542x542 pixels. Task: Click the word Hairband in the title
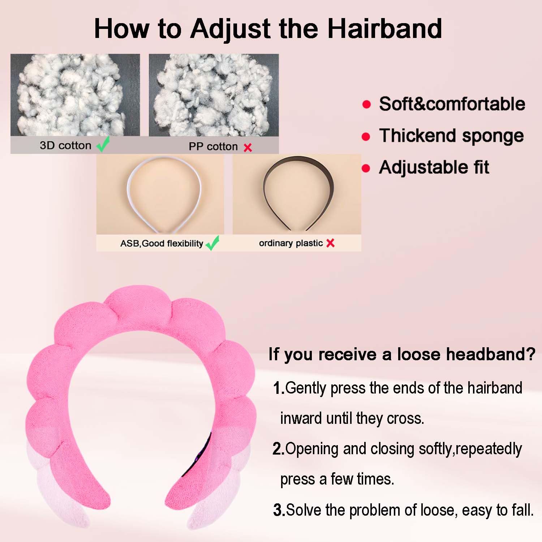384,29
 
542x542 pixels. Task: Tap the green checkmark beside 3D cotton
103,144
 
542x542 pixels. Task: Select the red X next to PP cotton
248,147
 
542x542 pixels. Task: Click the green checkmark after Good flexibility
212,243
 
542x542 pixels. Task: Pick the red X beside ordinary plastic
330,243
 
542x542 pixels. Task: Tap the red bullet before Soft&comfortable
366,104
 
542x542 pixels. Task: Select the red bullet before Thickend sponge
366,137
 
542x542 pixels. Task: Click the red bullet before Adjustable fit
366,168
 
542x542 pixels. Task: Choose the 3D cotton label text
65,145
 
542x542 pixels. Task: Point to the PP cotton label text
213,146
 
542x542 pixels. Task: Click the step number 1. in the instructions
279,388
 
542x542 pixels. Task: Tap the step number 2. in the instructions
279,449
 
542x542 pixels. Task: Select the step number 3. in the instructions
279,510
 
